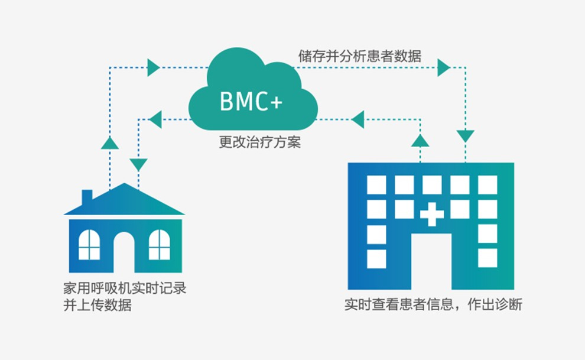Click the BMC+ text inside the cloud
coord(251,101)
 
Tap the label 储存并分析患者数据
coord(359,57)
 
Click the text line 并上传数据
coord(97,306)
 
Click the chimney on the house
coord(87,196)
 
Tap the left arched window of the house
coord(89,244)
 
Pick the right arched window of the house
coord(159,244)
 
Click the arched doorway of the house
coord(124,251)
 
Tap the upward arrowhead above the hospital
coord(420,140)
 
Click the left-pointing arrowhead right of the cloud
coord(357,120)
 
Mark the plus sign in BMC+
coord(276,102)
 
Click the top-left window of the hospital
coord(376,184)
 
